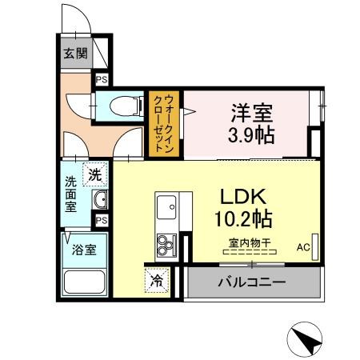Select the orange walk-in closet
pos(162,125)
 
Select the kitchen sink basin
pos(168,209)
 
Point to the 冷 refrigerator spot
pos(157,280)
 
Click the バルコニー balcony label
pos(251,282)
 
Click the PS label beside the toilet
pos(102,79)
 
